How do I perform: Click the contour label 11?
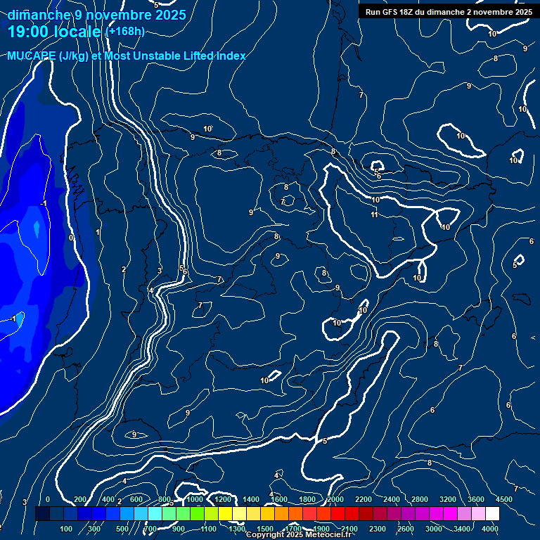(374, 214)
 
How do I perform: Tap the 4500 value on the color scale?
(504, 499)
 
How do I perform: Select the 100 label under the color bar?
(67, 529)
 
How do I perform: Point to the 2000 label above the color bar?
(335, 499)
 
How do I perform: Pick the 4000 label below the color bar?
(490, 529)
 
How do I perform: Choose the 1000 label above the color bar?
(195, 499)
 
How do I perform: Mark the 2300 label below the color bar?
(378, 529)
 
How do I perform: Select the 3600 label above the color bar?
(476, 499)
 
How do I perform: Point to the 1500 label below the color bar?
(265, 529)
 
